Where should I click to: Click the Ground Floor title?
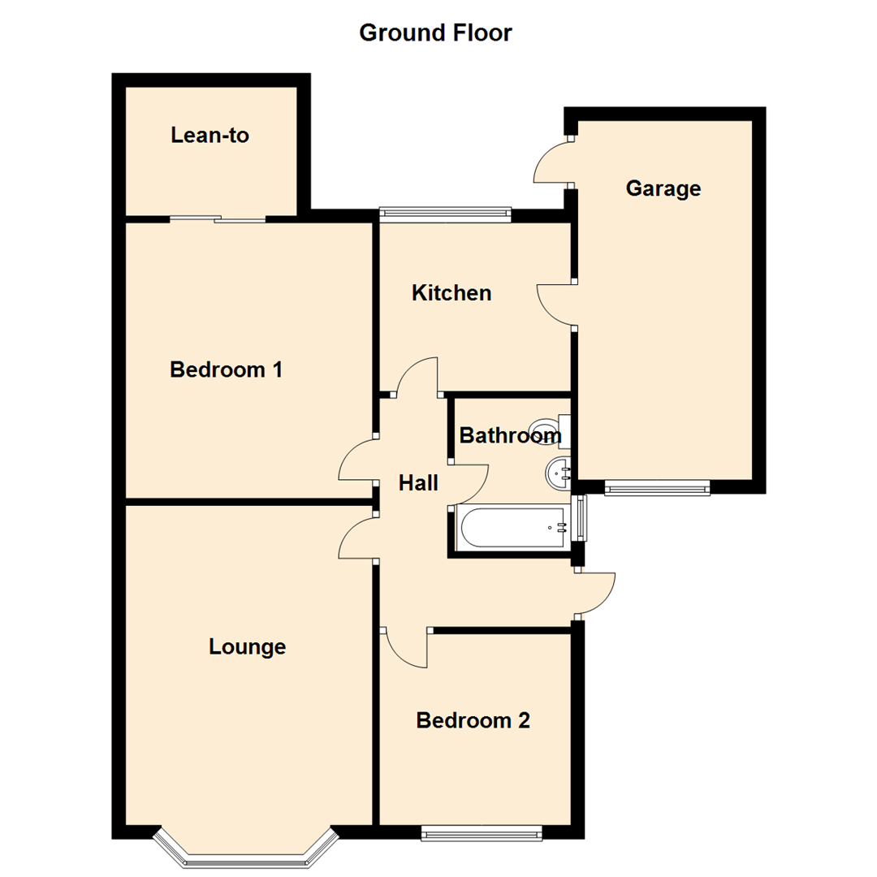(x=435, y=33)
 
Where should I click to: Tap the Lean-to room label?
(x=210, y=136)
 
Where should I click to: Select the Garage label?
(x=663, y=189)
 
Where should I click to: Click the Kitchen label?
(x=451, y=293)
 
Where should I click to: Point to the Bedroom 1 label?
(x=226, y=370)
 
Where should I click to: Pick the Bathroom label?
(x=510, y=436)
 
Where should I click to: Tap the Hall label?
(x=418, y=483)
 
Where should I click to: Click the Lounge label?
(x=247, y=647)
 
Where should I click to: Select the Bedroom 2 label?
(x=473, y=720)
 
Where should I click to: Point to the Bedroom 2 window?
(x=482, y=832)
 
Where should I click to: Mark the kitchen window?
(x=445, y=215)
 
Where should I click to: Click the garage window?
(x=657, y=487)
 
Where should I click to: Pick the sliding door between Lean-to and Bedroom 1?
(x=218, y=218)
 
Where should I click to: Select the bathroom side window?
(x=580, y=518)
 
